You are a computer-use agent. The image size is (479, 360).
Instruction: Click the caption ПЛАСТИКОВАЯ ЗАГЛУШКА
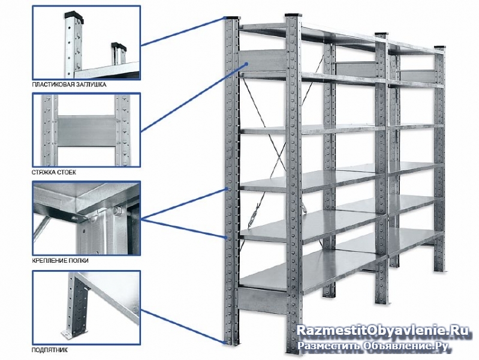69,85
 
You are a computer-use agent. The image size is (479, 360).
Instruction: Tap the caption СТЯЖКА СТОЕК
54,172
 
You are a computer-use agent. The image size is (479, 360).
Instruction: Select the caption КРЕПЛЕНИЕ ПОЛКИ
60,260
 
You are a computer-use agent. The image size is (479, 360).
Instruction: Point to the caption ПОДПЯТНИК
50,350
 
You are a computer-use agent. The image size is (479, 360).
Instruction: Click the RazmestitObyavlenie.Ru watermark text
382,331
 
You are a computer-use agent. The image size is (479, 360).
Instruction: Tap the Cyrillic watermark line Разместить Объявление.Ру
373,346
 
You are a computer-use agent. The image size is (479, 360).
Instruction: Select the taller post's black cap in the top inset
74,16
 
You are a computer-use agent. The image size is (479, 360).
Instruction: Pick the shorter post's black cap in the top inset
118,46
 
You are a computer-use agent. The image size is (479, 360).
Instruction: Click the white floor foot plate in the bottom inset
69,334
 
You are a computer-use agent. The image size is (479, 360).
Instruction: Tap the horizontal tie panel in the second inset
86,131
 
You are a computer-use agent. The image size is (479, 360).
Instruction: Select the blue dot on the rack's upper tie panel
246,64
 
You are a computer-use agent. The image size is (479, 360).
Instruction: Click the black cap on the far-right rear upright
440,47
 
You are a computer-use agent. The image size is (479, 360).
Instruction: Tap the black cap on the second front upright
293,14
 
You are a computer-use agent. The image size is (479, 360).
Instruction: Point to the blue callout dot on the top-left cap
225,18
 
